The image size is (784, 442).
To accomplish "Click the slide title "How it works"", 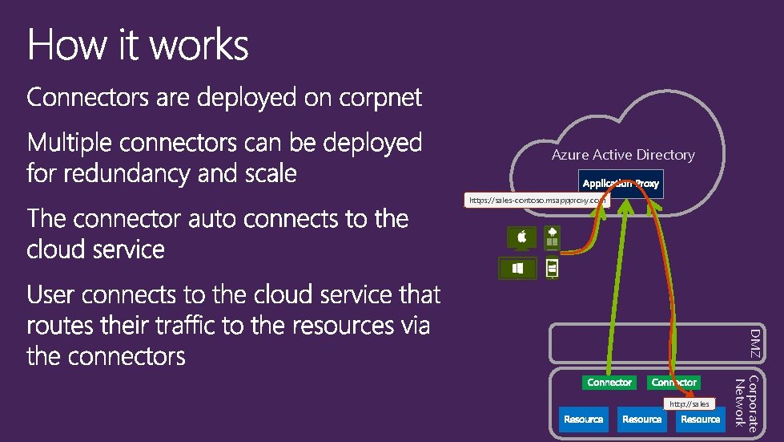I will pyautogui.click(x=138, y=46).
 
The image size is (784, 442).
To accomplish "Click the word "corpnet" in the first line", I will pyautogui.click(x=380, y=99).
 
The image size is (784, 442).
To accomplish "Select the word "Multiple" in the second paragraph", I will pyautogui.click(x=70, y=144).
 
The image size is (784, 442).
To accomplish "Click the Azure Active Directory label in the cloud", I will pyautogui.click(x=623, y=155).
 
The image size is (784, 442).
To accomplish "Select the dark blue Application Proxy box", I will pyautogui.click(x=621, y=184).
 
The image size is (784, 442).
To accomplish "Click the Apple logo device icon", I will pyautogui.click(x=521, y=238).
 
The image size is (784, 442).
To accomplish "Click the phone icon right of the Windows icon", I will pyautogui.click(x=551, y=267).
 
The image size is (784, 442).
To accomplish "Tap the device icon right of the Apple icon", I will pyautogui.click(x=552, y=237).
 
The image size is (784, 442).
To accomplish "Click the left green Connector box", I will pyautogui.click(x=609, y=383).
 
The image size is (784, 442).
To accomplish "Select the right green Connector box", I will pyautogui.click(x=673, y=383).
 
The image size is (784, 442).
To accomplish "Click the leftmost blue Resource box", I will pyautogui.click(x=583, y=420).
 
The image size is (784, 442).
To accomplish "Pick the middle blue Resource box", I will pyautogui.click(x=641, y=420).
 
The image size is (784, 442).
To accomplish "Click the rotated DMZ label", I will pyautogui.click(x=756, y=343).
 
